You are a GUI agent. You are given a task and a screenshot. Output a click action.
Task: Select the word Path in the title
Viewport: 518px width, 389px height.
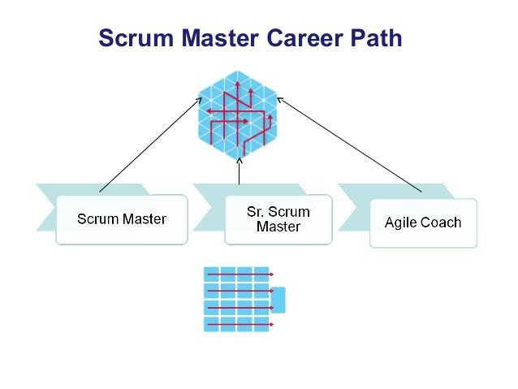click(x=375, y=38)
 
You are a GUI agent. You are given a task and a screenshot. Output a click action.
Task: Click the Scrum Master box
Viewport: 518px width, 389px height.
click(x=122, y=219)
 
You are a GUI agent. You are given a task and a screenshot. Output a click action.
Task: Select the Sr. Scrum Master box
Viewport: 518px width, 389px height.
click(x=278, y=219)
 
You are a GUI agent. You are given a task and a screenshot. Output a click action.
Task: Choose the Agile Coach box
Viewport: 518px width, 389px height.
click(x=423, y=223)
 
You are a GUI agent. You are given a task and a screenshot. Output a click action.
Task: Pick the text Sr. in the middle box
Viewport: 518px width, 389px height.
click(x=257, y=212)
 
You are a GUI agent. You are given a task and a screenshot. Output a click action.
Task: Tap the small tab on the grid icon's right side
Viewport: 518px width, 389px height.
click(x=278, y=300)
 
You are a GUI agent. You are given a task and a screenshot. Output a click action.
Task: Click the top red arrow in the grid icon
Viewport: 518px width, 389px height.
click(x=240, y=274)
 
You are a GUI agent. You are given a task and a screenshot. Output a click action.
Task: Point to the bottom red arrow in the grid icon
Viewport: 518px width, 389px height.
click(x=240, y=325)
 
